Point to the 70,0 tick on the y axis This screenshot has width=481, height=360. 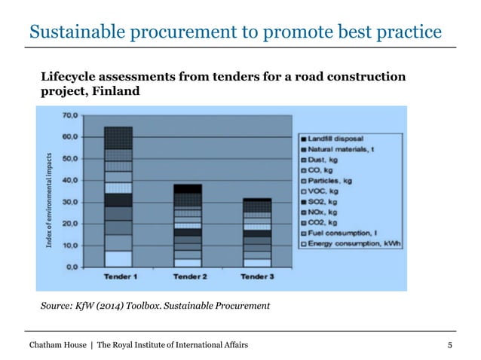coord(72,115)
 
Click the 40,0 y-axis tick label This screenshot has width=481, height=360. coord(72,180)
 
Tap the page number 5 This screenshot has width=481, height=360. coord(450,344)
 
